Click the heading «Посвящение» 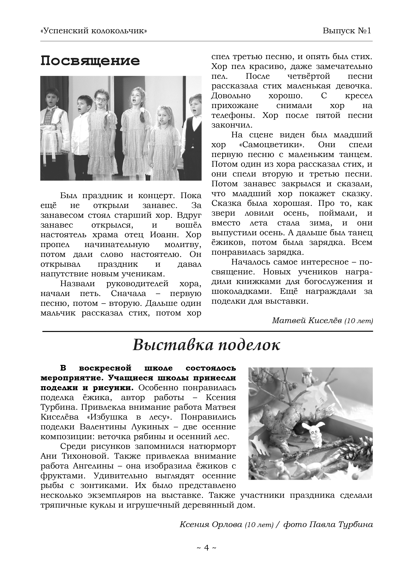click(90, 61)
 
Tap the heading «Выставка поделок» click(206, 345)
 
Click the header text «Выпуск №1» click(347, 31)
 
